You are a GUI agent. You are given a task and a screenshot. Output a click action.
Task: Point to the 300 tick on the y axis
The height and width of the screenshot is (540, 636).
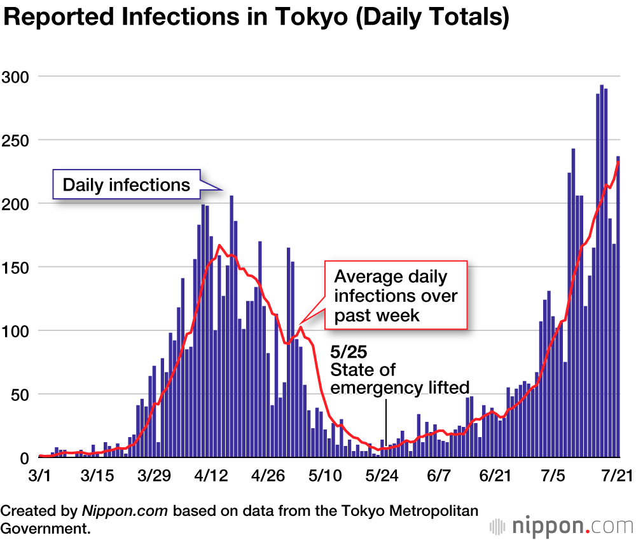17,76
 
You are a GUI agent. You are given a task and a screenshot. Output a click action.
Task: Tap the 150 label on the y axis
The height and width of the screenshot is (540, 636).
17,267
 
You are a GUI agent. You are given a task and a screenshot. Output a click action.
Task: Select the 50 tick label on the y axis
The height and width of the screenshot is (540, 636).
21,394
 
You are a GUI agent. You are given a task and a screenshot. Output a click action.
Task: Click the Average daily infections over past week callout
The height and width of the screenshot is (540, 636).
396,295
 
